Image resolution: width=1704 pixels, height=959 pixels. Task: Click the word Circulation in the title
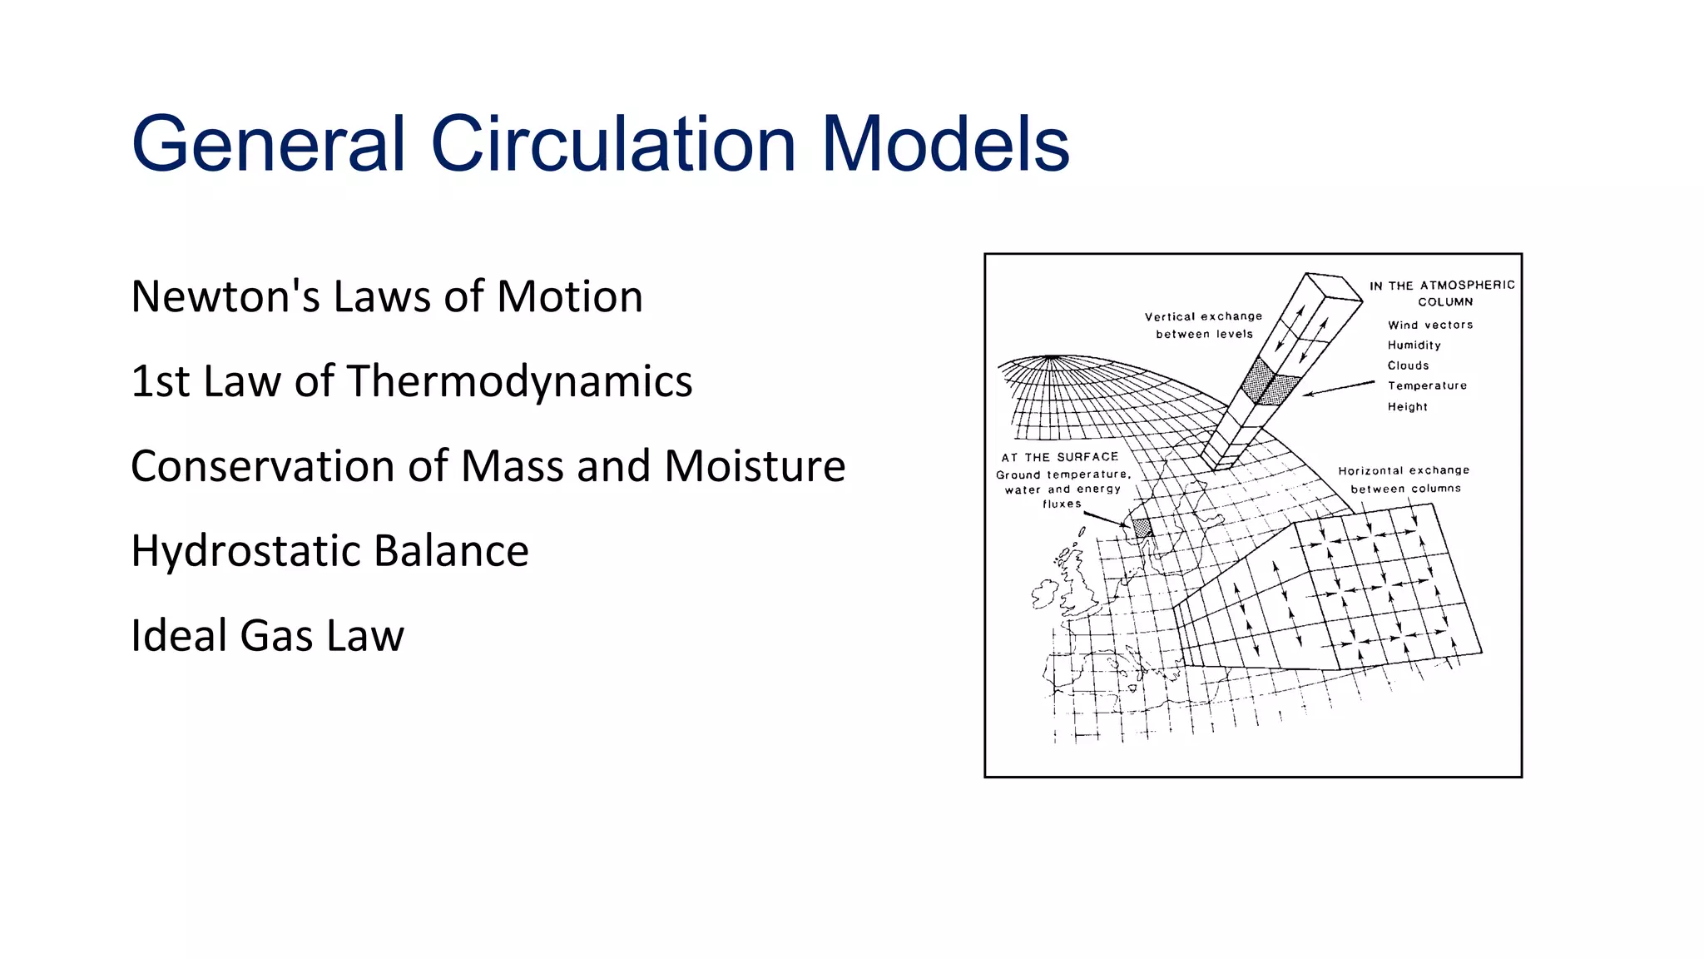click(613, 144)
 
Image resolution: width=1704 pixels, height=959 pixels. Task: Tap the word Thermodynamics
click(519, 381)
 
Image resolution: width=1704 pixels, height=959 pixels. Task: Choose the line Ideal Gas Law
click(267, 636)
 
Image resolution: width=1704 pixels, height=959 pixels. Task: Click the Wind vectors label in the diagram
click(1429, 325)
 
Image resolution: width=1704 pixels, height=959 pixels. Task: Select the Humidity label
click(1414, 345)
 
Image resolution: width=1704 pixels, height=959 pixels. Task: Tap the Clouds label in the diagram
click(1408, 365)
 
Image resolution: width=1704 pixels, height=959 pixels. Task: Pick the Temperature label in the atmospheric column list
click(1427, 385)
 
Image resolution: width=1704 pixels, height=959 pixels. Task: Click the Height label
click(1407, 406)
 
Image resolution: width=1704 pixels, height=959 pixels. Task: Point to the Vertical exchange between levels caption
click(1204, 325)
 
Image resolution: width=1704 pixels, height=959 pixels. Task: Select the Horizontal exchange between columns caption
click(1404, 479)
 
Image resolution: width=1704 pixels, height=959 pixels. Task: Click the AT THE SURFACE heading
click(1059, 457)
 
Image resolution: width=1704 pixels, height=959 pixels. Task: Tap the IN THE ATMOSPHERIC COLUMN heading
click(1443, 293)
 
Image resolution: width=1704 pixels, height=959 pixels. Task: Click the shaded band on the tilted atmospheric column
click(1268, 383)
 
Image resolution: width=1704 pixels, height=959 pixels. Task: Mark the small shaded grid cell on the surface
click(1142, 527)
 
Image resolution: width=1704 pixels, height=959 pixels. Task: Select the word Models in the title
click(945, 144)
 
